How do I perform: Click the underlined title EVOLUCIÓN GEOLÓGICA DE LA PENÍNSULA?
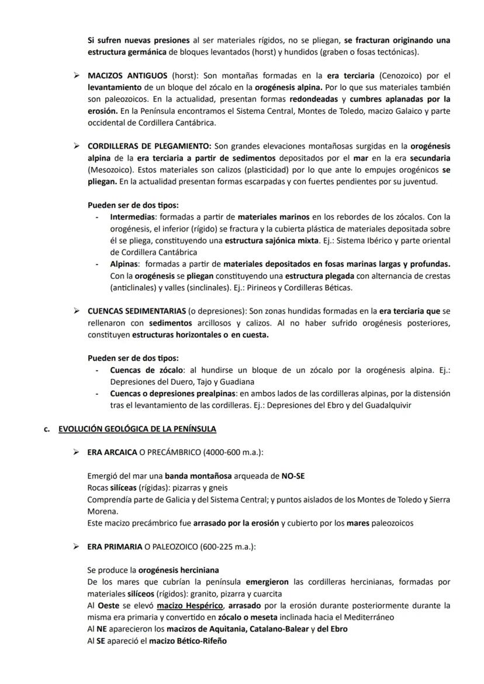click(x=137, y=429)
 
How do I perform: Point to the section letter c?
click(x=46, y=429)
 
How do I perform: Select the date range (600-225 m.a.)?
click(x=227, y=547)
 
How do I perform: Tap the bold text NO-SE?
click(x=293, y=476)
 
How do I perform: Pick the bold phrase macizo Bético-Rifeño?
click(x=189, y=641)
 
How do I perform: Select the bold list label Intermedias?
click(x=129, y=217)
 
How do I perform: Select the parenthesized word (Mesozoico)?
click(x=108, y=170)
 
